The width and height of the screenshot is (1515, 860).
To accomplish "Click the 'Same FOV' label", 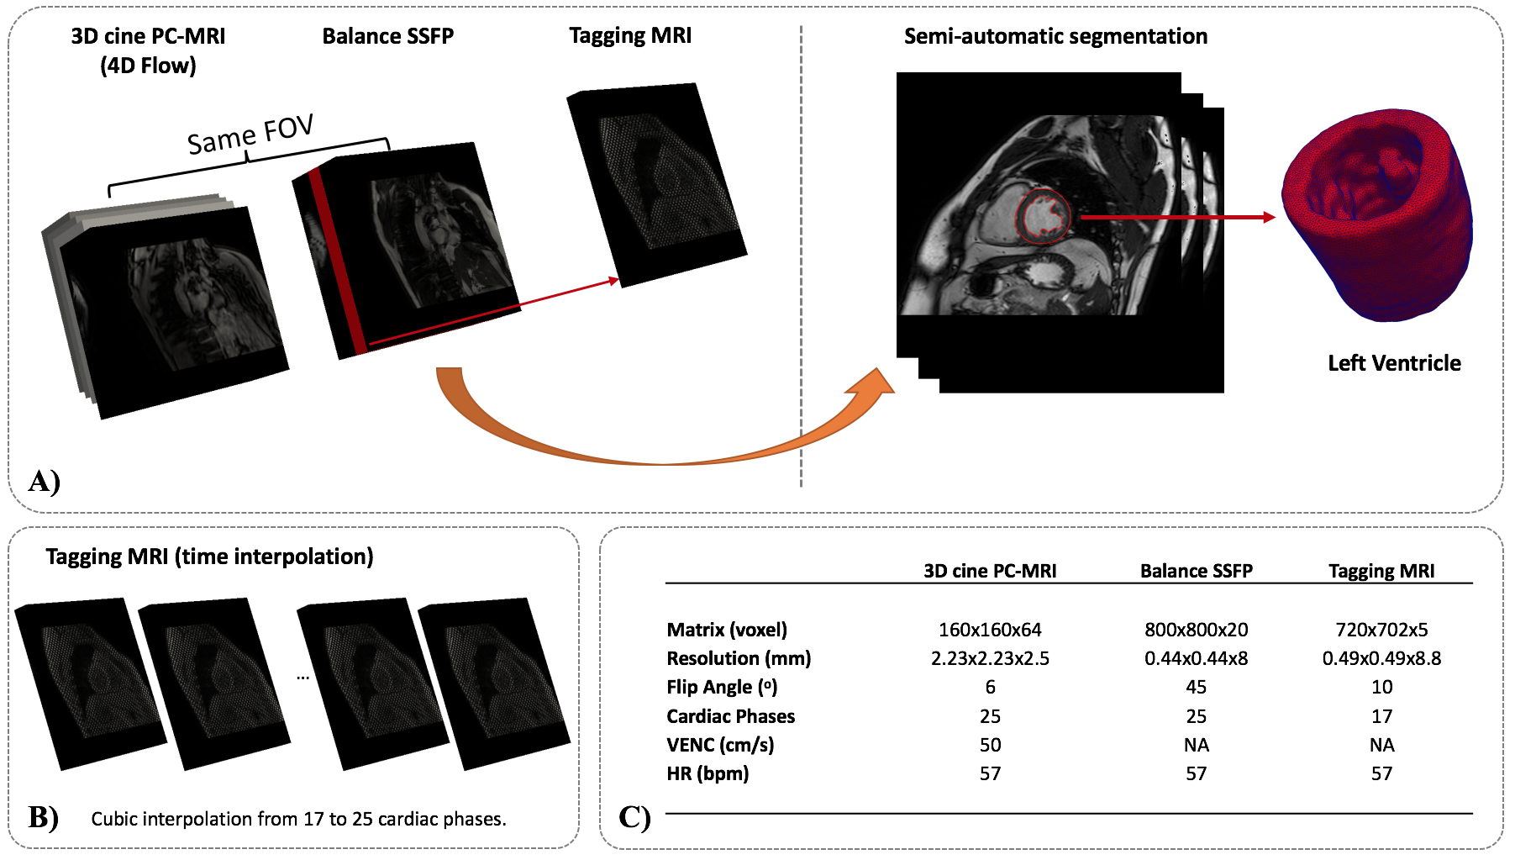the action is (x=250, y=135).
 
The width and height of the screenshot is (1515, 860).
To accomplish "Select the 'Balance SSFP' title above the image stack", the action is (x=387, y=36).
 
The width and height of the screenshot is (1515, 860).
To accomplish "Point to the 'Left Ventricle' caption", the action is (x=1394, y=363).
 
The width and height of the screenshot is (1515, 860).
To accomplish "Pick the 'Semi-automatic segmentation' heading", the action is (x=1055, y=36).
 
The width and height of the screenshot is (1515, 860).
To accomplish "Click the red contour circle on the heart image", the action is (x=1044, y=216).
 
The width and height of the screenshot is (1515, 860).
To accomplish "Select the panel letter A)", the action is (x=44, y=481).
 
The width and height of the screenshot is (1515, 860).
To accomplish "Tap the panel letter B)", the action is (x=43, y=817).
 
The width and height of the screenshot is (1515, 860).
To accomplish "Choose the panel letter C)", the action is (x=634, y=817).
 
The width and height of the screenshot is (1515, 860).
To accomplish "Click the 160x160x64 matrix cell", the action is (x=990, y=630).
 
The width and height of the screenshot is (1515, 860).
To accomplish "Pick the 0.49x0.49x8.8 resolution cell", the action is (x=1381, y=658).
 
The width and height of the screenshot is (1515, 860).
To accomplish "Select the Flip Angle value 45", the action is (x=1196, y=687).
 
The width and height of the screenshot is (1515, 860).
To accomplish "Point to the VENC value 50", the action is (x=990, y=745).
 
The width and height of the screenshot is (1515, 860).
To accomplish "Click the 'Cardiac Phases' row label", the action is (x=730, y=716).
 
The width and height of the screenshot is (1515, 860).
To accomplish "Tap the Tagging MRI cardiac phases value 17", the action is (x=1381, y=716).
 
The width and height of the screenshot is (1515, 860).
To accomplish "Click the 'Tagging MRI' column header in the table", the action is (x=1381, y=571).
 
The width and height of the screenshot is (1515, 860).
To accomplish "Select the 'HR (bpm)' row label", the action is (x=708, y=773).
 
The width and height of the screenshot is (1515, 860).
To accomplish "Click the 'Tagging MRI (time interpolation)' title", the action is (x=209, y=557).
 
